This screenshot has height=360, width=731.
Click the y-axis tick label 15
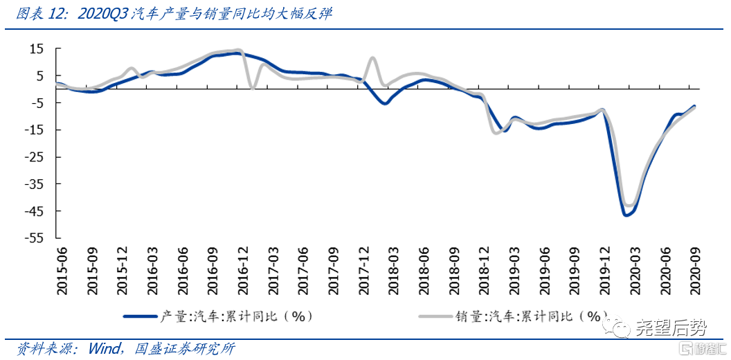coord(36,48)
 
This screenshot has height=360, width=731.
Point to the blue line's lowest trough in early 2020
coord(626,215)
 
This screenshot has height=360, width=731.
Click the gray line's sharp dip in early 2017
coord(252,87)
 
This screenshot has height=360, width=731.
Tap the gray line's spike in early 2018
coord(373,58)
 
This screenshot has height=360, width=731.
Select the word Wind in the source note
coord(105,348)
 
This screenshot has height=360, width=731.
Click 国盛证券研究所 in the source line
coord(186,348)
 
